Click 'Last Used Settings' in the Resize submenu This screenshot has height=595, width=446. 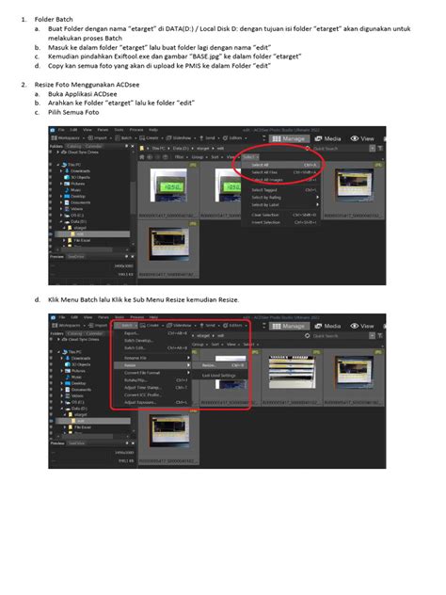pyautogui.click(x=219, y=375)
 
